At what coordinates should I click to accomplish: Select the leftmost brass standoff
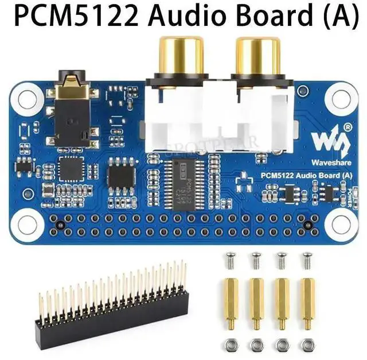coord(231,301)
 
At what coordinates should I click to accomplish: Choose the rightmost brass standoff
coord(308,301)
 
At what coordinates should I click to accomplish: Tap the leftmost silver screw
coord(231,259)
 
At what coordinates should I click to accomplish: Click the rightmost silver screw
coord(308,259)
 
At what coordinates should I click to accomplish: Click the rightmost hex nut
coord(308,345)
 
